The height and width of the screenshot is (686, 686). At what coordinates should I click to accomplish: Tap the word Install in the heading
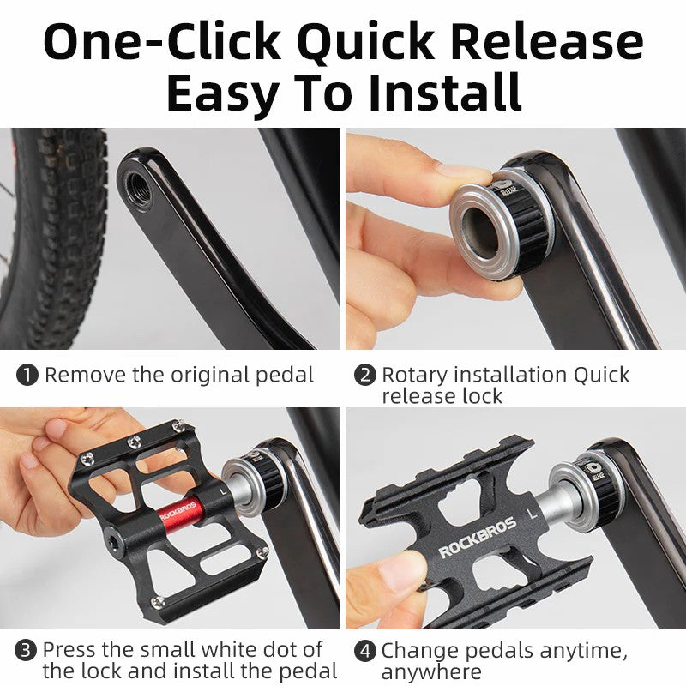pyautogui.click(x=445, y=93)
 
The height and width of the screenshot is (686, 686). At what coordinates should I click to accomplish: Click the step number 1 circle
pyautogui.click(x=28, y=375)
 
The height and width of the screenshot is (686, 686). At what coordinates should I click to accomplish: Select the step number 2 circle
pyautogui.click(x=365, y=375)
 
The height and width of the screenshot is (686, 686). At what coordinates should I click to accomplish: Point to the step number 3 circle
pyautogui.click(x=28, y=650)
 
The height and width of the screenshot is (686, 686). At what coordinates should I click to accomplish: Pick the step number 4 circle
pyautogui.click(x=365, y=650)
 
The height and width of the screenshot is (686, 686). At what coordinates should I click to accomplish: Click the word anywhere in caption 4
pyautogui.click(x=430, y=671)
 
